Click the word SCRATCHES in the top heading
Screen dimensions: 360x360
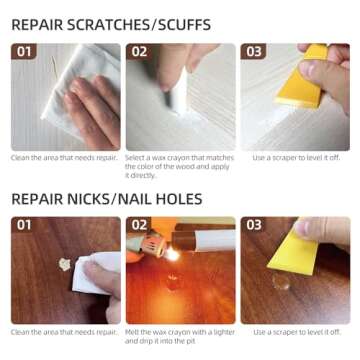tap(110, 25)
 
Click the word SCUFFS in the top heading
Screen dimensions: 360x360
tap(184, 25)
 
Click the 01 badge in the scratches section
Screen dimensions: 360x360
tap(24, 52)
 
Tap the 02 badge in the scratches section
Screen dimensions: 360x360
tap(139, 52)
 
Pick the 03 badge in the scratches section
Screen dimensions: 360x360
tap(254, 52)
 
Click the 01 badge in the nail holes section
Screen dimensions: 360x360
tap(24, 225)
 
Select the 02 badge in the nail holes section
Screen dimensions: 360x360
tap(139, 225)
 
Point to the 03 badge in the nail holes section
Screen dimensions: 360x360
tap(254, 225)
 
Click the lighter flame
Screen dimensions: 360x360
tap(173, 255)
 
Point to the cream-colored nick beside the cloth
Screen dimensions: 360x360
tap(64, 264)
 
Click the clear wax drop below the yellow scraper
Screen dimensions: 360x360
tap(281, 281)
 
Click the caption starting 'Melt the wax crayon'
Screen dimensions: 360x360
tap(180, 337)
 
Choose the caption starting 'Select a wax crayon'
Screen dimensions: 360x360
tap(180, 166)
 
